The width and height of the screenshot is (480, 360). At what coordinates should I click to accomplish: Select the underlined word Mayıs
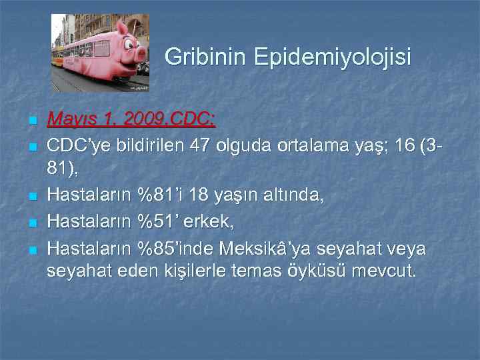(x=71, y=120)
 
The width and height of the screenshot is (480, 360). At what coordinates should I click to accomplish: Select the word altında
(x=292, y=195)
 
